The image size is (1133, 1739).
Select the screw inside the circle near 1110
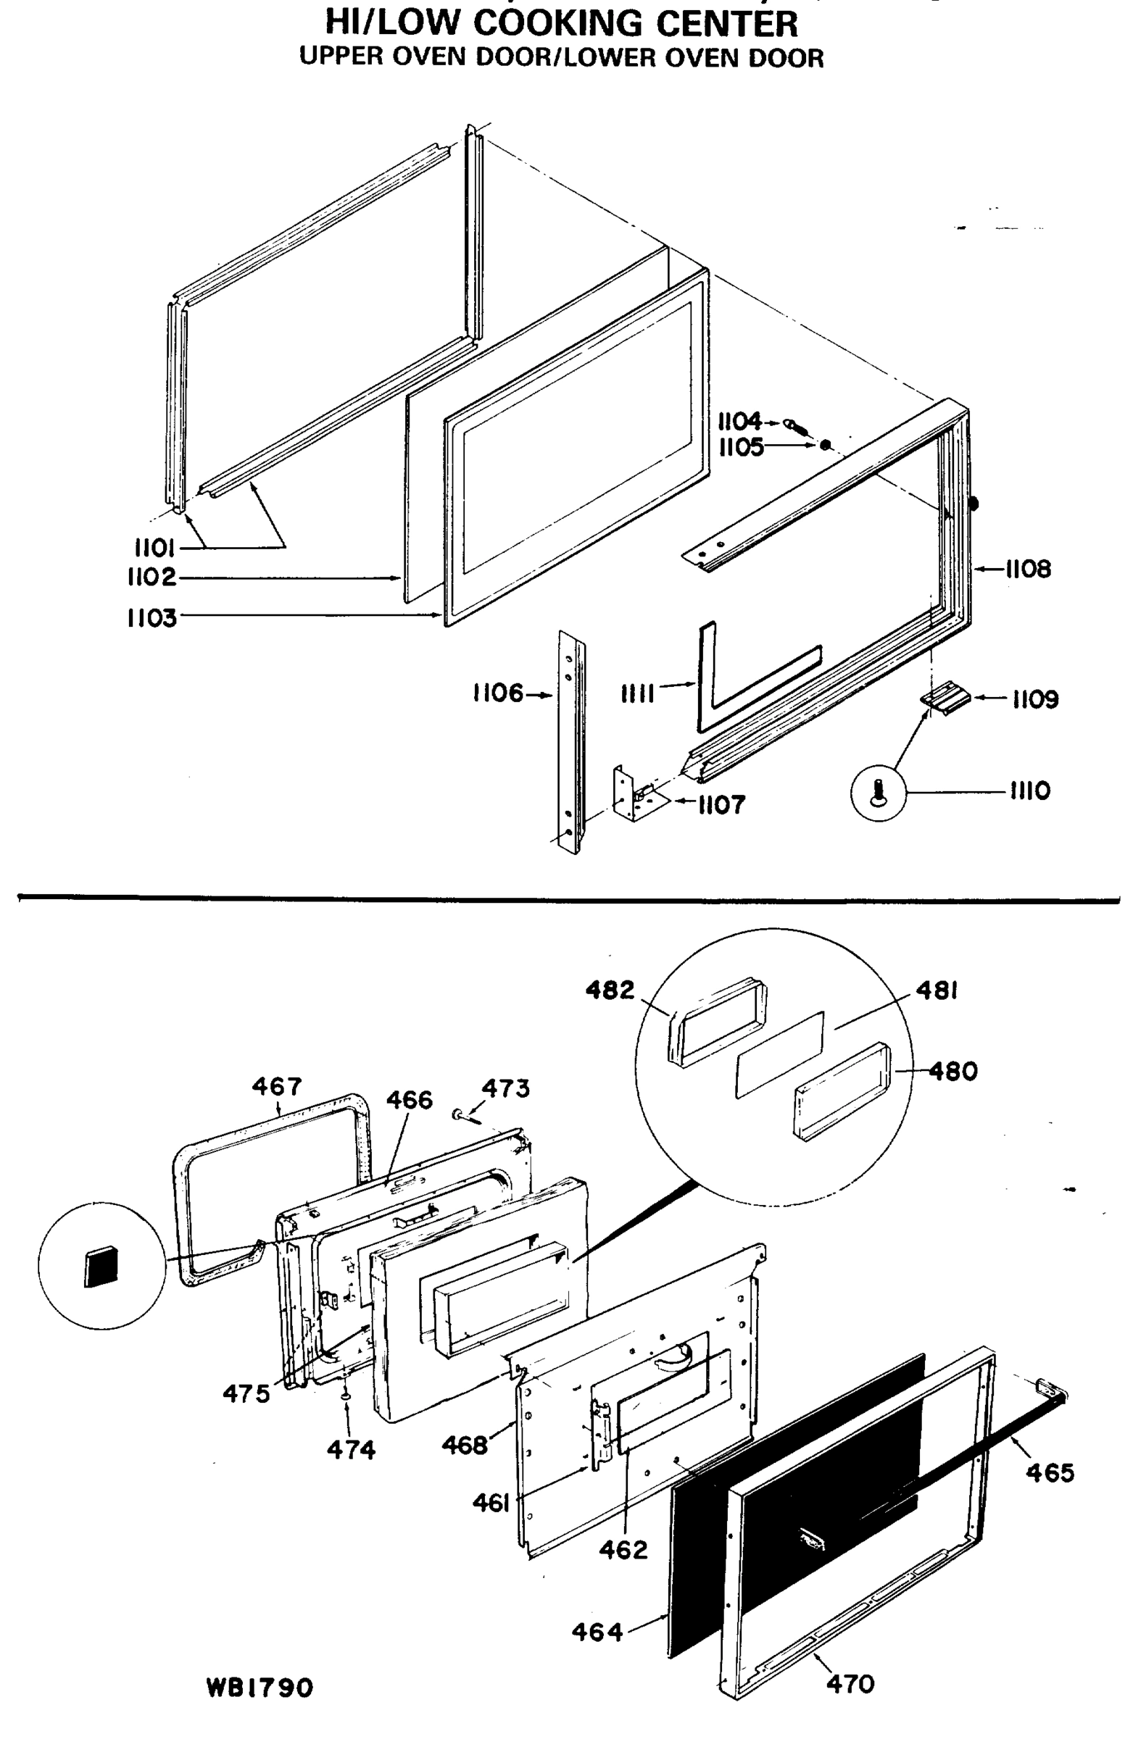point(879,791)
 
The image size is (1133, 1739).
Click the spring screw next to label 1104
point(797,426)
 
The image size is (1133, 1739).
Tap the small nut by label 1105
point(825,444)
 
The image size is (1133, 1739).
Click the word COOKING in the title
point(557,23)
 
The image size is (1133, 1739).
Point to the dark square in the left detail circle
point(101,1267)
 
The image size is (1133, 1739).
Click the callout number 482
point(610,990)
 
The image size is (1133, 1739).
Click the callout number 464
point(597,1632)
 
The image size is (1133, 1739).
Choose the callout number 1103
point(152,618)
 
